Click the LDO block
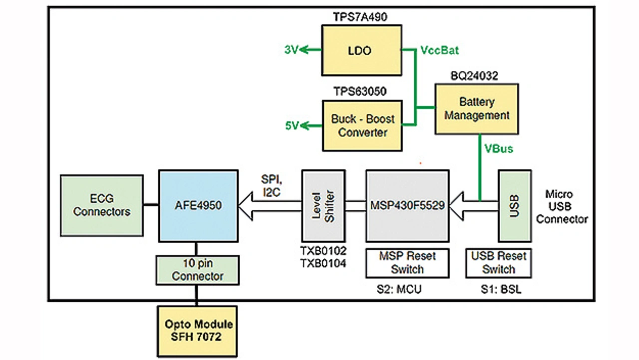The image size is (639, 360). pos(361,51)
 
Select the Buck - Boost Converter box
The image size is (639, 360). pos(362,125)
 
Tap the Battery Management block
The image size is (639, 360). pos(477,109)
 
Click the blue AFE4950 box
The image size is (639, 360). pos(198,205)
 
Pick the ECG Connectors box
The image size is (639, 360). pos(102,205)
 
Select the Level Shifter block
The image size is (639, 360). pos(323,205)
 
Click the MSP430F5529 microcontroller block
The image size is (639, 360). pos(407,205)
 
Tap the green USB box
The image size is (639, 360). pos(514,205)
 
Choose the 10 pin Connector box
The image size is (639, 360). pos(198,270)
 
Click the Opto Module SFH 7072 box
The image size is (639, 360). pos(199,330)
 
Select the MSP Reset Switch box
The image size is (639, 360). pos(407,263)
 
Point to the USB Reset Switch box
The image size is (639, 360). pos(498,263)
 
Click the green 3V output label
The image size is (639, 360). pos(291,50)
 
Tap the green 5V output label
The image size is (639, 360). pos(292,125)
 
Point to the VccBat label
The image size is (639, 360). pos(439,50)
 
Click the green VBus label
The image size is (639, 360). pos(498,149)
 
